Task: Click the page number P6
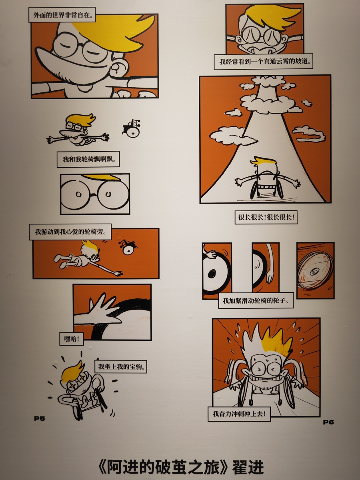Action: point(328,422)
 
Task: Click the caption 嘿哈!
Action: point(72,339)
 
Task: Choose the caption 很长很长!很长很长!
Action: point(266,217)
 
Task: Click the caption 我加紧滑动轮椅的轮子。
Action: point(256,301)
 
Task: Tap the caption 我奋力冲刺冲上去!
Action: point(239,414)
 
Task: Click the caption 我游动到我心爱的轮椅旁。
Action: point(70,232)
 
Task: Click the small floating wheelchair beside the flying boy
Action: point(132,129)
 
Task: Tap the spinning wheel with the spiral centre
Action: point(316,271)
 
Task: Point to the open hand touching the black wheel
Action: point(99,311)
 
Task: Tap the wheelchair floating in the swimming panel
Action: point(128,247)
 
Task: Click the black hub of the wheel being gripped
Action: point(212,273)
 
